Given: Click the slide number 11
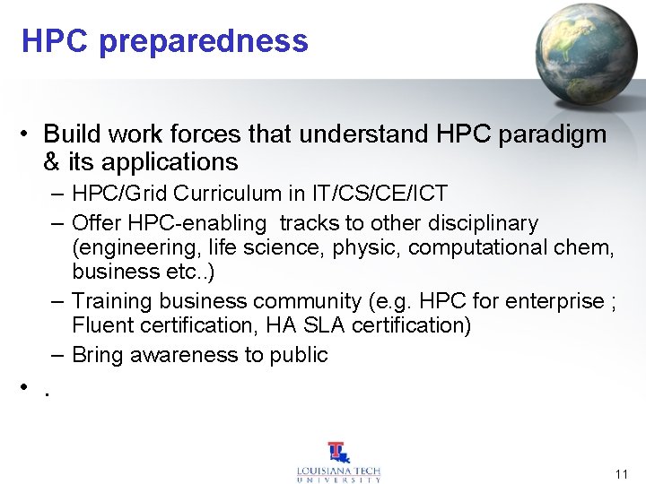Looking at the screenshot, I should pyautogui.click(x=622, y=473).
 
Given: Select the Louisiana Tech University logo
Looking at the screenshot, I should pyautogui.click(x=338, y=462).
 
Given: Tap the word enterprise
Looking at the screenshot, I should pyautogui.click(x=554, y=301).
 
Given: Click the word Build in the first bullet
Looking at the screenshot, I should pyautogui.click(x=69, y=134).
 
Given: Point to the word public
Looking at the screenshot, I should pyautogui.click(x=299, y=355).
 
